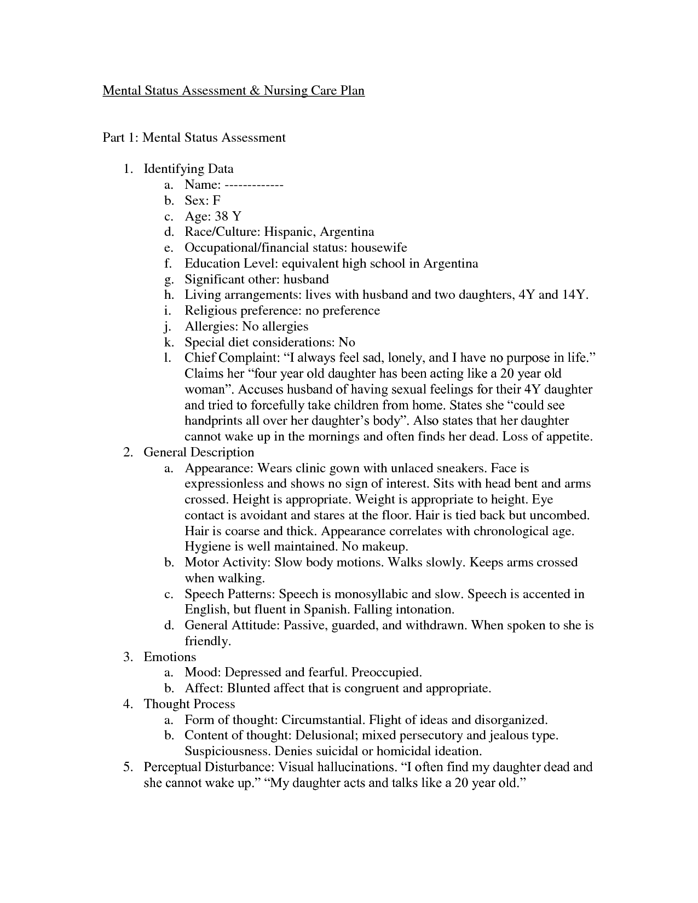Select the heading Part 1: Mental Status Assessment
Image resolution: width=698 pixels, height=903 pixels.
(x=194, y=137)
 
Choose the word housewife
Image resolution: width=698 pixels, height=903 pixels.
(x=379, y=248)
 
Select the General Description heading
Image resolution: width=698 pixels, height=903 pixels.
(x=199, y=453)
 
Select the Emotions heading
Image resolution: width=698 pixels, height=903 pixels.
(x=170, y=657)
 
